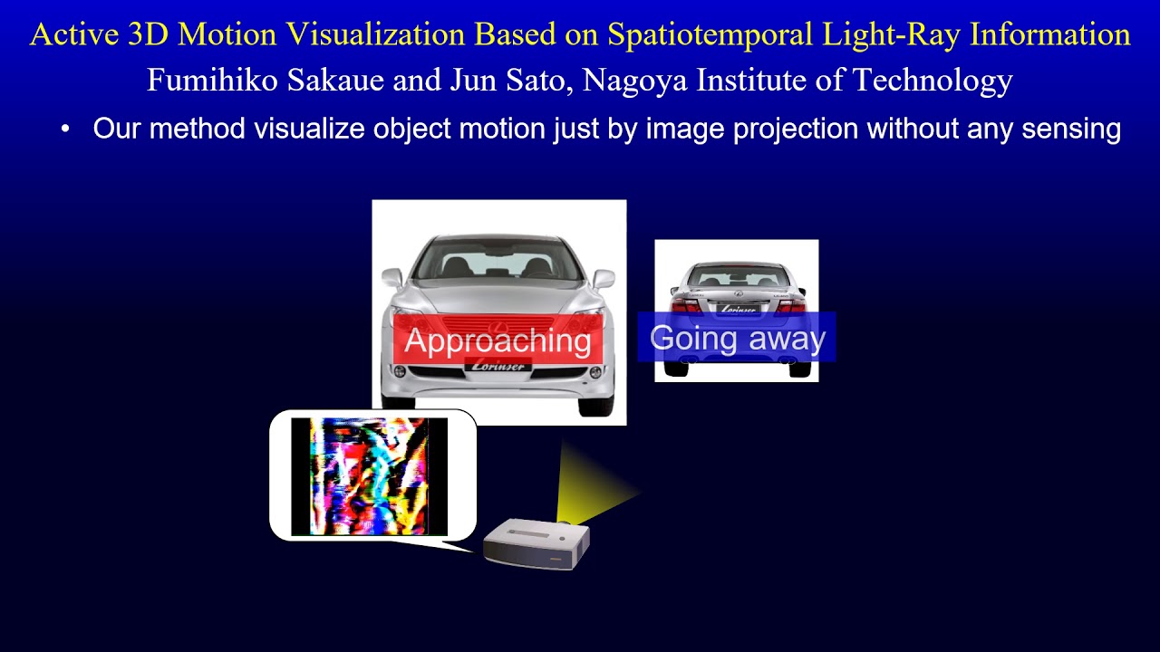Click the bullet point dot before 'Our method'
tap(65, 129)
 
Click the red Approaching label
tap(498, 340)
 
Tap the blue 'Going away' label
tap(737, 338)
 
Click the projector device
tap(536, 543)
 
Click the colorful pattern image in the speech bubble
tap(369, 475)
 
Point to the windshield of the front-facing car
tap(498, 259)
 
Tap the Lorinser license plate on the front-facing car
tap(498, 365)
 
